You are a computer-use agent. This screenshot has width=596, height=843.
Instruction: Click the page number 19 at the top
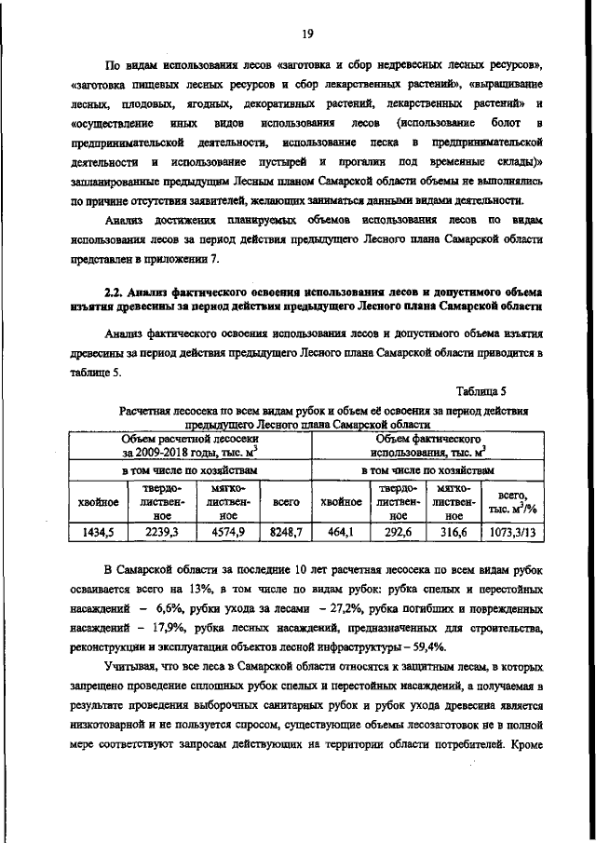click(x=306, y=34)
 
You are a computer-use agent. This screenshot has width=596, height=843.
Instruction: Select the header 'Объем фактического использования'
click(x=427, y=445)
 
